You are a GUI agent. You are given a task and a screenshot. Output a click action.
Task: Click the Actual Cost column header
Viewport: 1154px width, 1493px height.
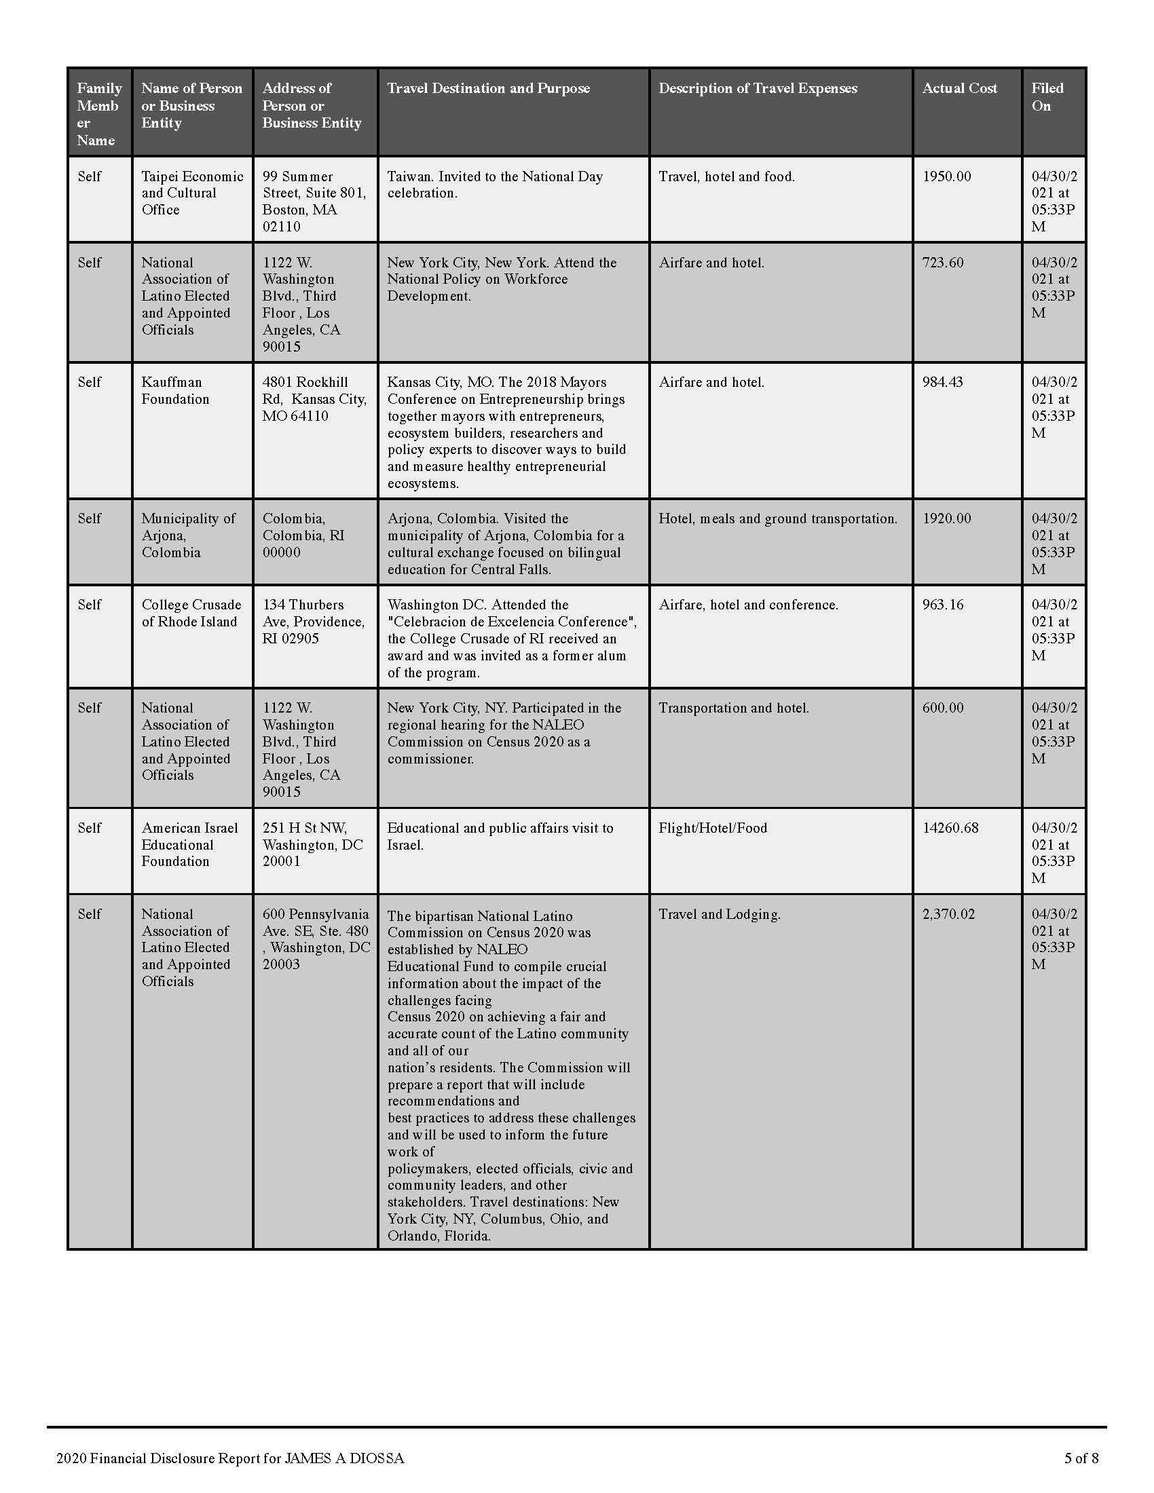(959, 88)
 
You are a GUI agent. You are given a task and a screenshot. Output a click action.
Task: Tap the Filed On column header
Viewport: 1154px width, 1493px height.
(1047, 97)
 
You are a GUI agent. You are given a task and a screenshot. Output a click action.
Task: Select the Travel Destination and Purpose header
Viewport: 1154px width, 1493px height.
(488, 88)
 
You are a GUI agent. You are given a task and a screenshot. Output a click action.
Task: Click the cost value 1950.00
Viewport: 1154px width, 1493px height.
(946, 176)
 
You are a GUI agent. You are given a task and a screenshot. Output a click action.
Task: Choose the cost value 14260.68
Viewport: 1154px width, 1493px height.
(950, 828)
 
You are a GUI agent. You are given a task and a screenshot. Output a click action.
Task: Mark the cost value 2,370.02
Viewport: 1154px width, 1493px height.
(948, 914)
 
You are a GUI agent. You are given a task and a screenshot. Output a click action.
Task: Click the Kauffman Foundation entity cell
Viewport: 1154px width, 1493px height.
(175, 390)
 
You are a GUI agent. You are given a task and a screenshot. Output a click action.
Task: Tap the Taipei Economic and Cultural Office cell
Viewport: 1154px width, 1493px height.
(192, 193)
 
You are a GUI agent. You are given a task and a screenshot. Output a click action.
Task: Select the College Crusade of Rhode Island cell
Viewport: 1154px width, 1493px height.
(191, 613)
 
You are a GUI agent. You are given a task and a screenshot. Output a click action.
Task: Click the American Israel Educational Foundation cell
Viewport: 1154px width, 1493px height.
(189, 844)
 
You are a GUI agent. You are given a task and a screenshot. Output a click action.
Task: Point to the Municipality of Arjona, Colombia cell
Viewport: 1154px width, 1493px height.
(188, 535)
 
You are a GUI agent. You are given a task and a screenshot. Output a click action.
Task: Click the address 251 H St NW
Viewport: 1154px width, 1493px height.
(304, 828)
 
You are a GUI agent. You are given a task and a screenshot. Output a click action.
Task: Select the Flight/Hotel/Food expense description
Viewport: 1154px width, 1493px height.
(712, 828)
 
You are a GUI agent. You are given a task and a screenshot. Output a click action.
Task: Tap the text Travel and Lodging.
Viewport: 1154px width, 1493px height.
(719, 914)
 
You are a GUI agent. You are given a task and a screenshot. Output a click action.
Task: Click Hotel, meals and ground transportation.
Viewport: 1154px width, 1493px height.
(777, 519)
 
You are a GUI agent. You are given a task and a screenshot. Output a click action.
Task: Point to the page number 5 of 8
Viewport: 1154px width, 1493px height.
(1081, 1458)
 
